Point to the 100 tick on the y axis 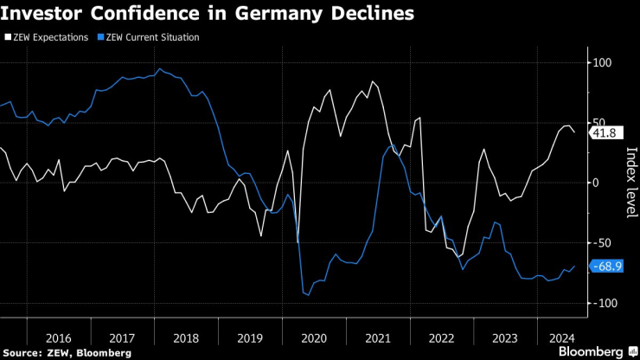coord(600,63)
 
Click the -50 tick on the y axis coord(600,243)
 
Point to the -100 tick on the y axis coord(602,303)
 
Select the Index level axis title coord(630,183)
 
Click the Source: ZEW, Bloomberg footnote coord(67,352)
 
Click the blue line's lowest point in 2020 coord(309,295)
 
